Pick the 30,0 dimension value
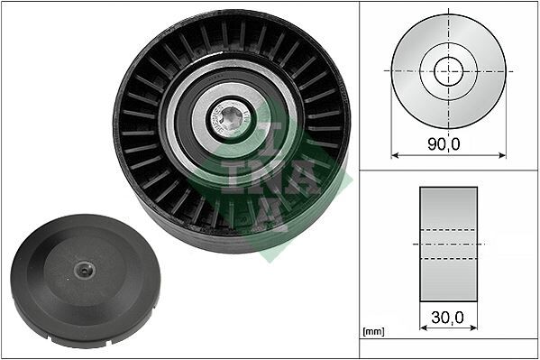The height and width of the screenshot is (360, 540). (448, 317)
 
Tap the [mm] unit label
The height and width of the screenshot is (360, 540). (371, 332)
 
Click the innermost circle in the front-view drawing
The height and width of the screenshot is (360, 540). (448, 71)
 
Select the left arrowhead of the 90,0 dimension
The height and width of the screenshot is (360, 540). (395, 154)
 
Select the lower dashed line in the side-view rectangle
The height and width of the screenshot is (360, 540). (448, 259)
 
